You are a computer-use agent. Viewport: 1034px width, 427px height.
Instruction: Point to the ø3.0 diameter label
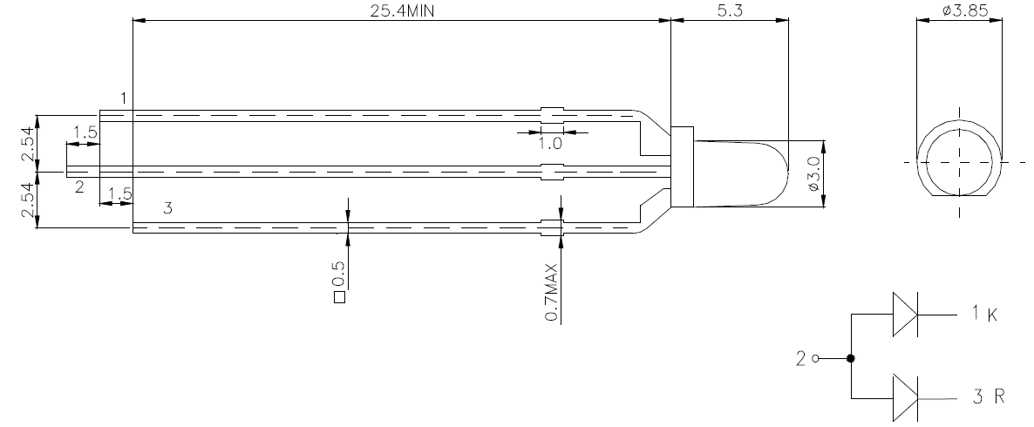click(813, 174)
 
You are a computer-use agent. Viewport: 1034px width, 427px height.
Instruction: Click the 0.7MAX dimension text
click(551, 293)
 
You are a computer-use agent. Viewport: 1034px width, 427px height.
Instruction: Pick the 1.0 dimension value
click(550, 143)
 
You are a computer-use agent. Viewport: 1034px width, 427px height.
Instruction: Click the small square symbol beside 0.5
click(340, 297)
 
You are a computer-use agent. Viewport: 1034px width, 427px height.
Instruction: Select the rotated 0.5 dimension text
click(338, 274)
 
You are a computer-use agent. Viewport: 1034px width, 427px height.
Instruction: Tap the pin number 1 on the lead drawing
click(123, 98)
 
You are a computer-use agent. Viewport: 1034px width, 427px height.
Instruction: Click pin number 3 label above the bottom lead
click(167, 208)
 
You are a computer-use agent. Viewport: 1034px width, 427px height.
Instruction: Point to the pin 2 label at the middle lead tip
click(80, 187)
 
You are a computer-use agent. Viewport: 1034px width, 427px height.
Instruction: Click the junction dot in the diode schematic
click(851, 358)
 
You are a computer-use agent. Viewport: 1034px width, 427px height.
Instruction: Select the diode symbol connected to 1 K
click(906, 315)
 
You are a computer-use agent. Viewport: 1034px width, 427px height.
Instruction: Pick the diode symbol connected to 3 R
click(906, 398)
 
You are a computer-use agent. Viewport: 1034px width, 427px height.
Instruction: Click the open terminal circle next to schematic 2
click(816, 358)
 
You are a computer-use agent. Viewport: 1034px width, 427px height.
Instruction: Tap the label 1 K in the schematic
click(985, 314)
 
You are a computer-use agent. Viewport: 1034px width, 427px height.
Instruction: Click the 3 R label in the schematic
click(989, 396)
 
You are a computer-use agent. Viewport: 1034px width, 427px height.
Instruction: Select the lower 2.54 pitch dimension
click(29, 200)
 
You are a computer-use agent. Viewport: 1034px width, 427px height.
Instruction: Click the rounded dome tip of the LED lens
click(788, 174)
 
